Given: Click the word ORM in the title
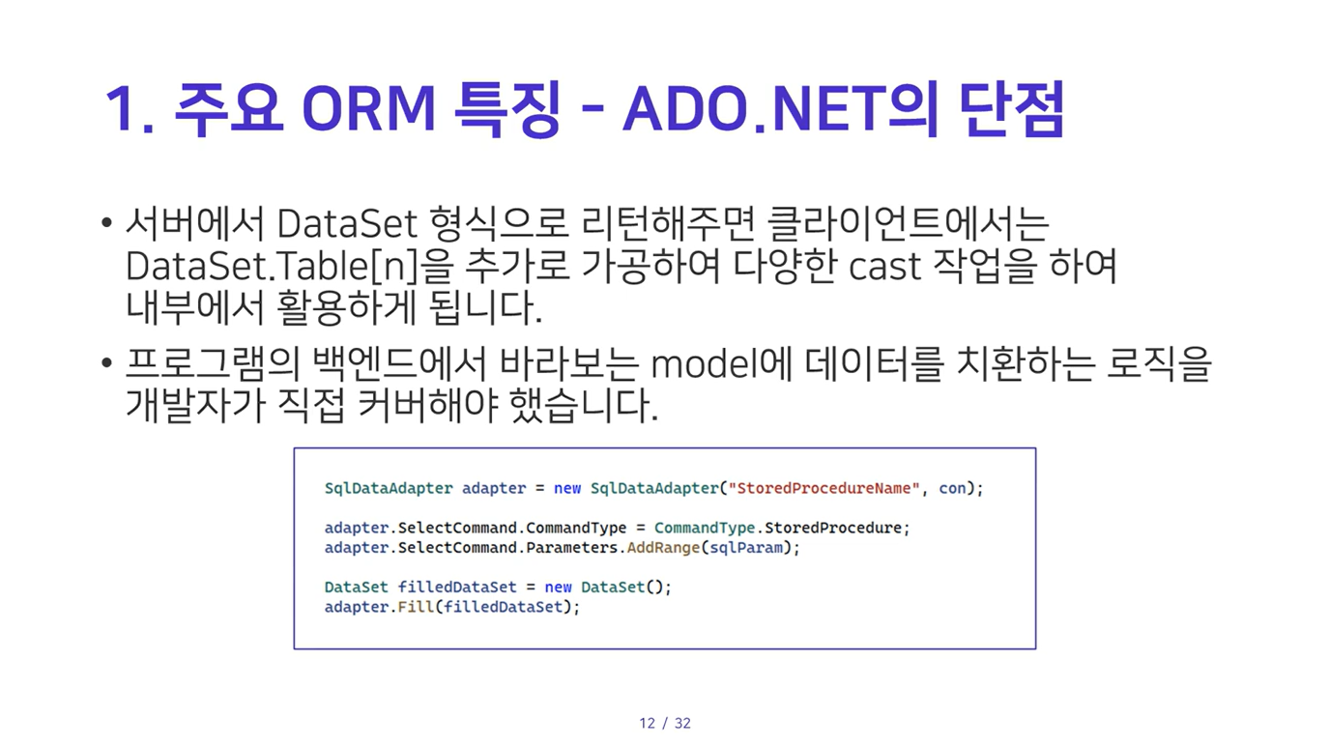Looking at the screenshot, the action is tap(369, 109).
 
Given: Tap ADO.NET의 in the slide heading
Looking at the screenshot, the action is tap(781, 109).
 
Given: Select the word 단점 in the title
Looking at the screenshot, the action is tap(1012, 109).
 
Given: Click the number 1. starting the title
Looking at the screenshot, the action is tap(130, 109).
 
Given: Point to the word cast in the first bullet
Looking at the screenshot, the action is tap(884, 267).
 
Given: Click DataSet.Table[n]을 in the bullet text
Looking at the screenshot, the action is tap(289, 266).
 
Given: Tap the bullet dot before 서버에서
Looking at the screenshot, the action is tap(106, 223).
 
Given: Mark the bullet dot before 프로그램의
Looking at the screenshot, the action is tap(106, 362).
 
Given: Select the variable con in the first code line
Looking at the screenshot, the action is tap(952, 488).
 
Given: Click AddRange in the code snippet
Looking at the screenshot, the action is tap(663, 547).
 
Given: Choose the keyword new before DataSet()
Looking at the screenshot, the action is tap(559, 588).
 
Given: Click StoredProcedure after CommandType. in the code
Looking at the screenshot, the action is tap(833, 528).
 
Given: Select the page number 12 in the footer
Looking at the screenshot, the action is tap(648, 723).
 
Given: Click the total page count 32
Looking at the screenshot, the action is tap(683, 723).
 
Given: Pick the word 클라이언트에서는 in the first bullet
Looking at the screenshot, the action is tap(908, 224).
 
